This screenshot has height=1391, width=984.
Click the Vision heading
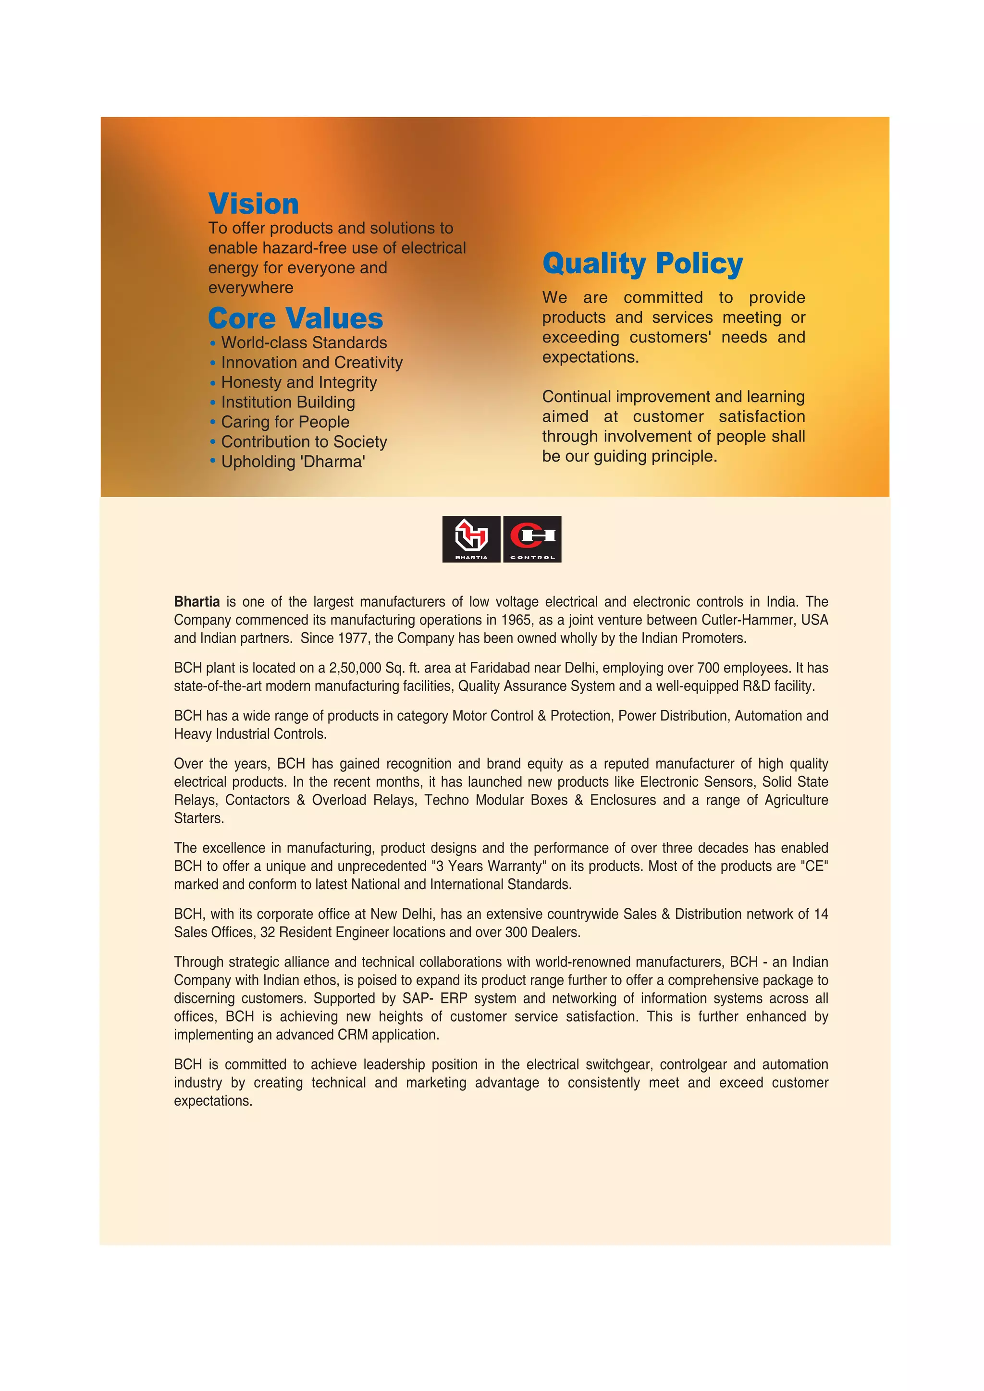point(253,204)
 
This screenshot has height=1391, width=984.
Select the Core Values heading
point(295,318)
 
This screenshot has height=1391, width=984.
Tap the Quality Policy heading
point(642,264)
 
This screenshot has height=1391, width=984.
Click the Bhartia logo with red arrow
point(471,538)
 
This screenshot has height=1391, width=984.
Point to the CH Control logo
point(532,538)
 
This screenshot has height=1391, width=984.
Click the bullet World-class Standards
point(304,343)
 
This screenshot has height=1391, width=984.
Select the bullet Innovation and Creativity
point(311,363)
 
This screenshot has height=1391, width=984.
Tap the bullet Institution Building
point(288,403)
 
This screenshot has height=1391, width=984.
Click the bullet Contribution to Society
point(304,442)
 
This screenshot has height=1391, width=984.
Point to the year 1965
point(516,621)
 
